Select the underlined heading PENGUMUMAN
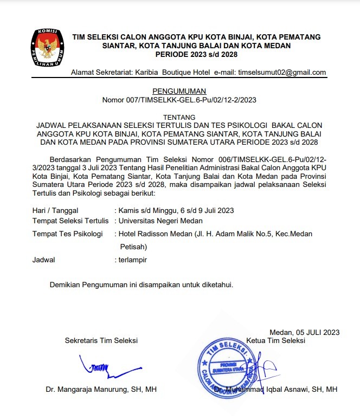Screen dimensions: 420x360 (179, 91)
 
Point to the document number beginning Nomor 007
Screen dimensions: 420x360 (179, 100)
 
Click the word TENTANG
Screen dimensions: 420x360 (179, 118)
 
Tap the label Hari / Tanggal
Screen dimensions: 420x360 (56, 210)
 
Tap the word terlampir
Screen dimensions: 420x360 (133, 260)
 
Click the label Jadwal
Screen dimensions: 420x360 (44, 260)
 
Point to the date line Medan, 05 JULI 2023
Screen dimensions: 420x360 (304, 332)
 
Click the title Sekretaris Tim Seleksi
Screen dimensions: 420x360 (101, 341)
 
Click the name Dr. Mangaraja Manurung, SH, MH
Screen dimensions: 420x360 (101, 390)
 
